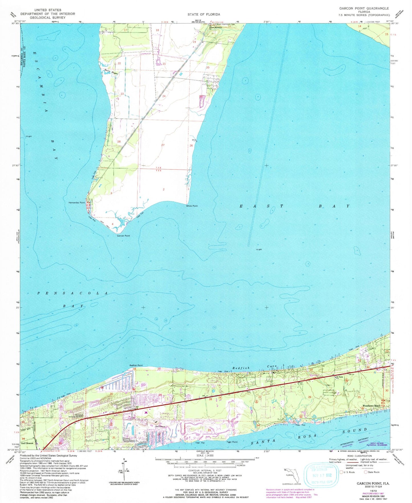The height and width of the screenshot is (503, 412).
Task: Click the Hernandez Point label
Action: tap(77, 203)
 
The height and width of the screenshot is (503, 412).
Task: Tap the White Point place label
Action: tap(192, 206)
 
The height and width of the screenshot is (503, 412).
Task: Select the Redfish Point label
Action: tap(136, 365)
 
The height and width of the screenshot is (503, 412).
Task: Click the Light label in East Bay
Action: tap(259, 250)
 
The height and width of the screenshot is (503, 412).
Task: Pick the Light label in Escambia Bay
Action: tap(29, 136)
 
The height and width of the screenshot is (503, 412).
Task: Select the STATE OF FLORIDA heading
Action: tap(204, 14)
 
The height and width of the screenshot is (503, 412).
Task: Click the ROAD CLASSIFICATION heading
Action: tap(358, 456)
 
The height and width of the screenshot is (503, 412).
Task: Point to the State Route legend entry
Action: tap(373, 472)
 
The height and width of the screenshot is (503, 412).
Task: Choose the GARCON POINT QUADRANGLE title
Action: tap(364, 9)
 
